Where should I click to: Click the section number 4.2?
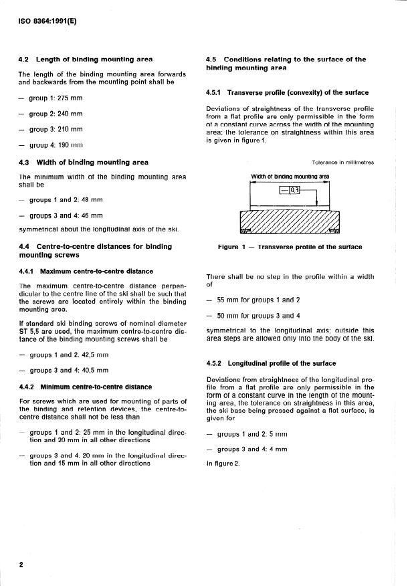(x=24, y=60)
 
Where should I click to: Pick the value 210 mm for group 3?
(x=70, y=128)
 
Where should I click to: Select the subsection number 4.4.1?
(x=27, y=272)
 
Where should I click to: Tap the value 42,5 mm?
(x=94, y=355)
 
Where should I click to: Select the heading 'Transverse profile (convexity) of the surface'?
(x=298, y=93)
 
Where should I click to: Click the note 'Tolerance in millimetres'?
(x=342, y=163)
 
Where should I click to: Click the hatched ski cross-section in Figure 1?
(x=290, y=221)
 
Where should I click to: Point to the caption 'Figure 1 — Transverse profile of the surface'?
(x=290, y=247)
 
